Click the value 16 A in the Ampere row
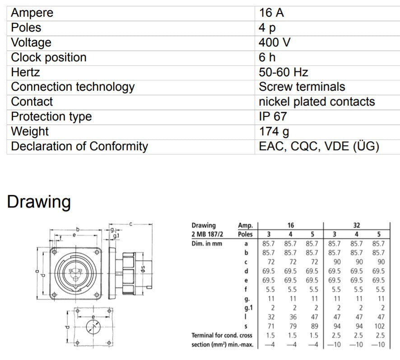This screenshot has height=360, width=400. tap(271, 13)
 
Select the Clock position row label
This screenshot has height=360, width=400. tap(48, 57)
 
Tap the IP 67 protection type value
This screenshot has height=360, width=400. tap(273, 116)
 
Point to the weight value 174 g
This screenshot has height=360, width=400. tap(274, 131)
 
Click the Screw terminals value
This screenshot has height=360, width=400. tap(302, 87)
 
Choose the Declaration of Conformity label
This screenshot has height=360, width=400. tap(79, 146)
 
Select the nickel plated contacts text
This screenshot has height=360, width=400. tap(317, 102)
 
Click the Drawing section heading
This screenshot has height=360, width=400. tap(39, 201)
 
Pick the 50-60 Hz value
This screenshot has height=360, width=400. tap(284, 72)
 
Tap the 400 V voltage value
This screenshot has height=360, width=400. tap(274, 42)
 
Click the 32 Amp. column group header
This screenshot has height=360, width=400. tap(357, 225)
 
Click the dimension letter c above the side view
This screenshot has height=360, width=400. tap(130, 224)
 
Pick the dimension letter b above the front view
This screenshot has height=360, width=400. tap(78, 230)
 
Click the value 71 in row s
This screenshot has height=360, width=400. tap(269, 326)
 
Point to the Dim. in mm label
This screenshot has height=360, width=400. tap(207, 244)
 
